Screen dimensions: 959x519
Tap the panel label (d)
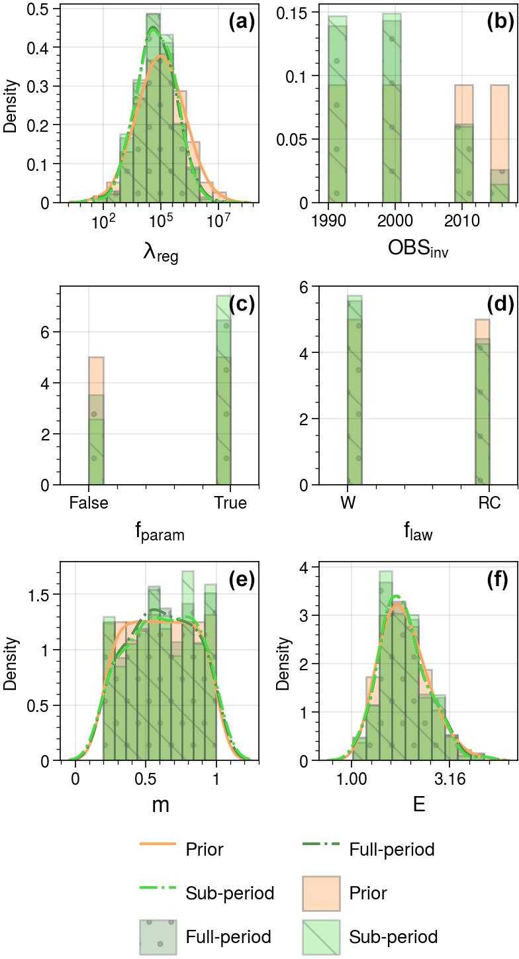point(500,305)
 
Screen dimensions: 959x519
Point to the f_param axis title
point(156,532)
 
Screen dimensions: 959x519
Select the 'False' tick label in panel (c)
point(88,503)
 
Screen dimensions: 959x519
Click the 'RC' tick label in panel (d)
point(489,503)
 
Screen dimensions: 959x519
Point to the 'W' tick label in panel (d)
point(348,503)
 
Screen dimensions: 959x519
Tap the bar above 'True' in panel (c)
point(224,397)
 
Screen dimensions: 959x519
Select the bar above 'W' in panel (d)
point(355,397)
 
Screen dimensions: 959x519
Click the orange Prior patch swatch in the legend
point(321,893)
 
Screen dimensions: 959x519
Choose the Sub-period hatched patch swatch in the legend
point(321,937)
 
